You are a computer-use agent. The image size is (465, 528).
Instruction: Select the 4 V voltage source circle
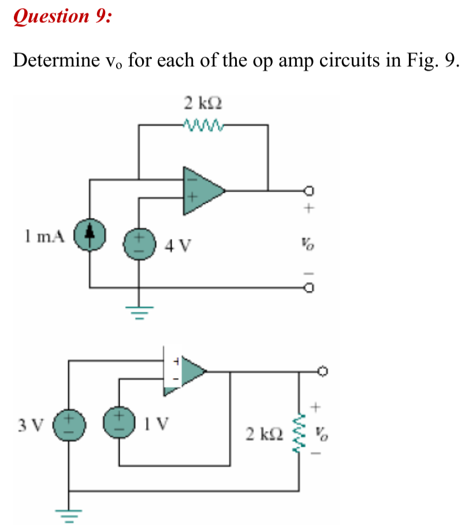(x=139, y=245)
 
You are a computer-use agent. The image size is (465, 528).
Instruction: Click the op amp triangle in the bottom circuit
(x=186, y=372)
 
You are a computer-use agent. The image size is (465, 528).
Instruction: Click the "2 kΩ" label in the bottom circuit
(x=265, y=433)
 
